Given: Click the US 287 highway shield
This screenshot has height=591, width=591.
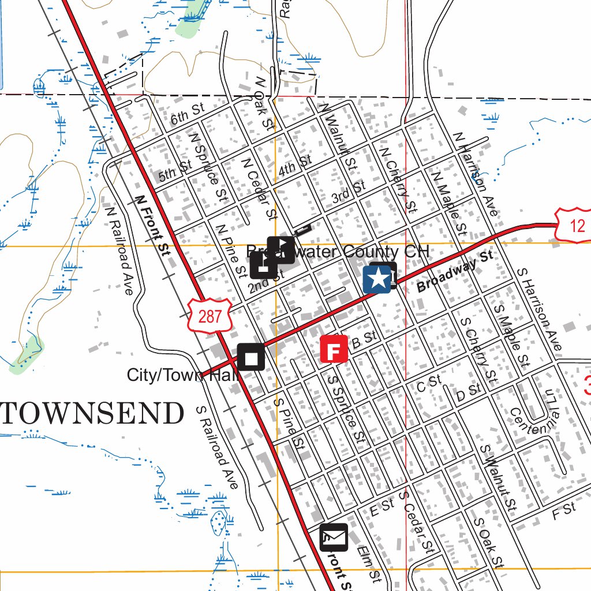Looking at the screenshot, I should tap(209, 316).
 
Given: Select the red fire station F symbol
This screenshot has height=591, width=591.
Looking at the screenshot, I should tap(334, 349).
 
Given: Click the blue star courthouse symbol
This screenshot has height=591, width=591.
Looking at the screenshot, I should tap(377, 279).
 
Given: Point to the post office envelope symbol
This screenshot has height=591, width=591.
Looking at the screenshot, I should tap(334, 537).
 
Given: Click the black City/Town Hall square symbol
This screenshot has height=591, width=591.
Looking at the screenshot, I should tap(251, 357).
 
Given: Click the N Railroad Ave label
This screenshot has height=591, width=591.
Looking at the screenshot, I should tap(119, 249).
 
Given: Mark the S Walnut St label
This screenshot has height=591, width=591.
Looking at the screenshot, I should tap(497, 477).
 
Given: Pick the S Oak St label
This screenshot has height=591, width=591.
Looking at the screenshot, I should tap(488, 542).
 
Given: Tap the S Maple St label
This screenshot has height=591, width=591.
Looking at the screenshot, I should tap(511, 335).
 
